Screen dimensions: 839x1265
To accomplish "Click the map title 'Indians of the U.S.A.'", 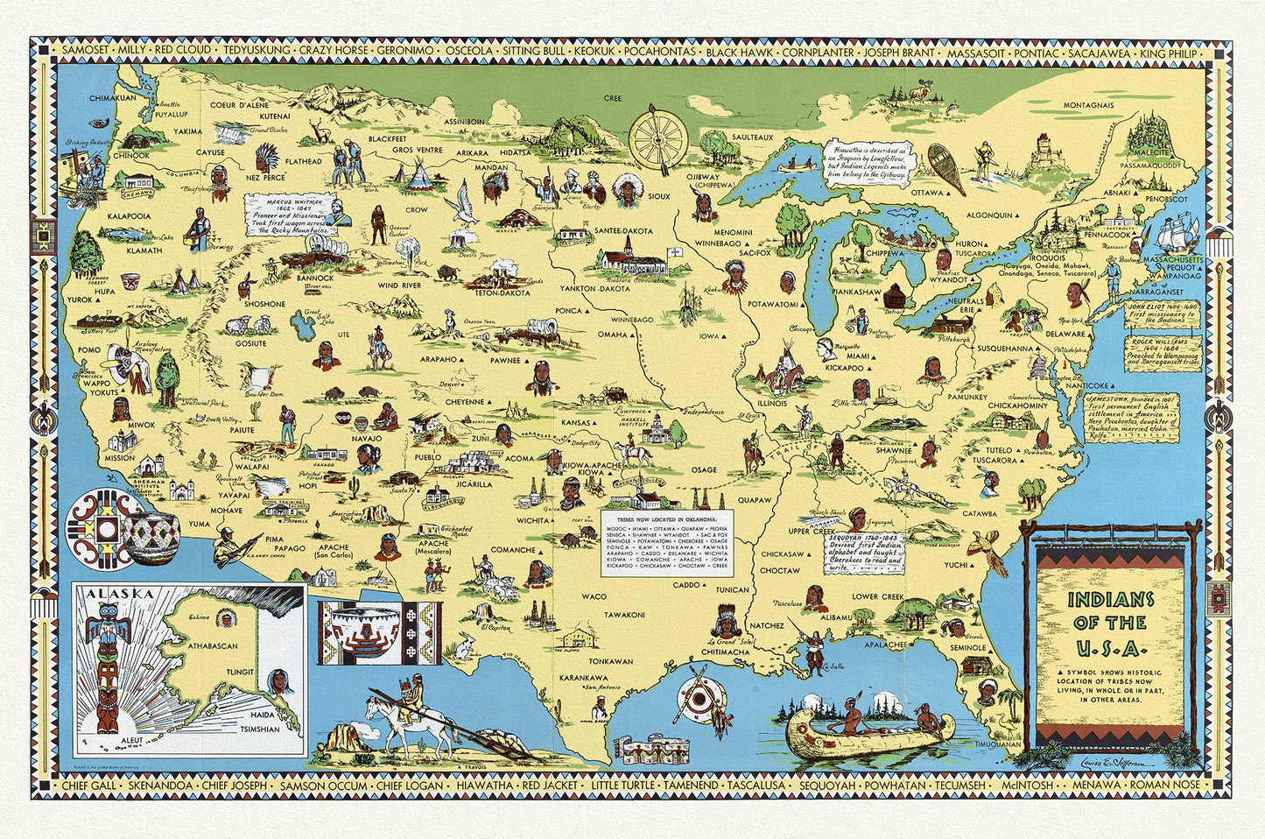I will (x=1109, y=623).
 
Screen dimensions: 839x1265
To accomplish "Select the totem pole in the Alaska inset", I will (x=108, y=670).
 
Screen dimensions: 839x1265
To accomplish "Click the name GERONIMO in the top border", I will (x=404, y=51).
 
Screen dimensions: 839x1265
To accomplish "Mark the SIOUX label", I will (x=658, y=196).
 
